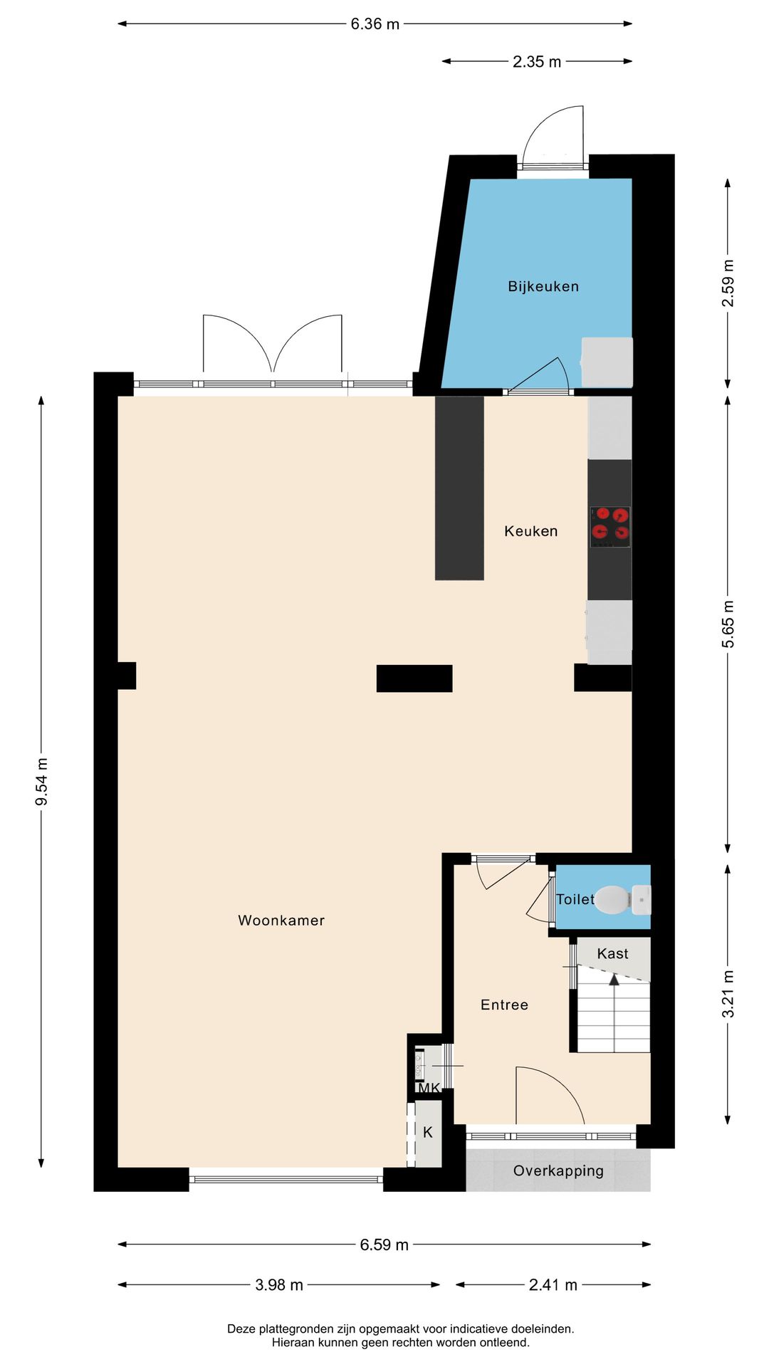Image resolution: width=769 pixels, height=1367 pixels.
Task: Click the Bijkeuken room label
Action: pos(543,286)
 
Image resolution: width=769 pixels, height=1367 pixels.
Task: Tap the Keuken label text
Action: pos(530,531)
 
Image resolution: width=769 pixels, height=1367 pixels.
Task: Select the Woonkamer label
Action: pos(281,920)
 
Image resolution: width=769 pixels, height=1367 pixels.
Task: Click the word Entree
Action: pos(504,1005)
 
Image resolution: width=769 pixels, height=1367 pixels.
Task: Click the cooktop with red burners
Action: pos(610,526)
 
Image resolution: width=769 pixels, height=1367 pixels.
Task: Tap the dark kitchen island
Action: pos(459,488)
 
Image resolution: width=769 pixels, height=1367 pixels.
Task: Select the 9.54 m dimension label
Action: pos(42,782)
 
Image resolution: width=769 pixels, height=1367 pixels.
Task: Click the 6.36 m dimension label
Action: pos(375,24)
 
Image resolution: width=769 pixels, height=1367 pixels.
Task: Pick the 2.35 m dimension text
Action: pos(537,62)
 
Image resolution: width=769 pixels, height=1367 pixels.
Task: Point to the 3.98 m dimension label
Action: pos(279,1284)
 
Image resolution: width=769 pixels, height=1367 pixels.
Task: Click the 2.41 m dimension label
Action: pos(553,1284)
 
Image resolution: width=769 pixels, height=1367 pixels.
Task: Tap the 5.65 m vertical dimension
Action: pos(728,624)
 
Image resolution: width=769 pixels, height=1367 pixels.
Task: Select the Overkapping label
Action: pos(558,1170)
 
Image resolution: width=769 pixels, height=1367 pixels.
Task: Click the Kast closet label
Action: pos(612,953)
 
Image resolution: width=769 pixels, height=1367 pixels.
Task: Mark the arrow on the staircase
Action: pos(614,980)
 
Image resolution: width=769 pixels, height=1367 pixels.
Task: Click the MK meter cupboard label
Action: pos(429,1088)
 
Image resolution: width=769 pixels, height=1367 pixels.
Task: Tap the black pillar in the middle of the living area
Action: pos(414,678)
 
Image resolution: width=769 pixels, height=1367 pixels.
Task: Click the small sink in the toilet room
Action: pos(641,899)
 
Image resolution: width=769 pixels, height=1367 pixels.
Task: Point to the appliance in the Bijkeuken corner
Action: pos(607,362)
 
